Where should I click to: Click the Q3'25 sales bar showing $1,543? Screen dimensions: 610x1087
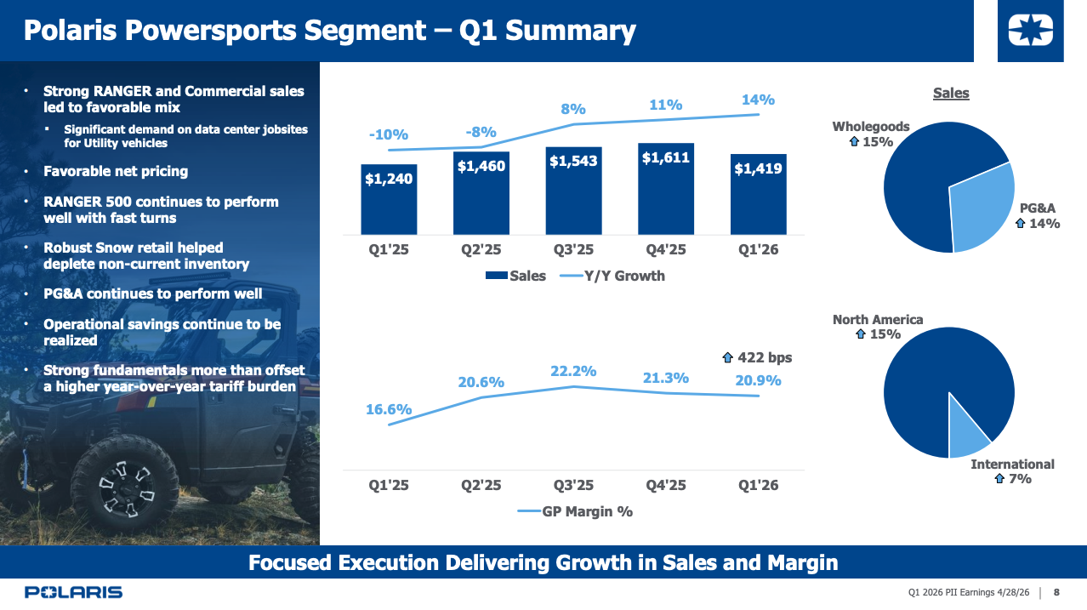click(x=573, y=191)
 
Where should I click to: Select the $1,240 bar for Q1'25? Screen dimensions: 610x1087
click(x=389, y=199)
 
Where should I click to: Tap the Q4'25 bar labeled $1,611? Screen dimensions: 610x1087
click(x=665, y=189)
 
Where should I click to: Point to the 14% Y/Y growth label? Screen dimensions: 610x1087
click(x=758, y=100)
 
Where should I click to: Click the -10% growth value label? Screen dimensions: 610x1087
click(x=389, y=134)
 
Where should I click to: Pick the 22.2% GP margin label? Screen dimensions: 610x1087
click(x=573, y=371)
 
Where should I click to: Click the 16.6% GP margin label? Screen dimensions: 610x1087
click(x=389, y=409)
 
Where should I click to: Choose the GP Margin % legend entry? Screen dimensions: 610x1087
click(x=578, y=511)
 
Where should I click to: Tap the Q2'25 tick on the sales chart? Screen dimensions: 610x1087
click(x=481, y=251)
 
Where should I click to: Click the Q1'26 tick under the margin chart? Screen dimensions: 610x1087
click(x=757, y=486)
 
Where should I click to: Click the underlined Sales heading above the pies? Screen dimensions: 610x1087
click(x=950, y=93)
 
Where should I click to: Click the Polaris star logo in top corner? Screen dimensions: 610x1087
click(x=1030, y=32)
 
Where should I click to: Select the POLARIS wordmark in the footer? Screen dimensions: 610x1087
click(x=74, y=592)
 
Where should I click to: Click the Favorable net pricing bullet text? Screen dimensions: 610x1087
click(x=116, y=171)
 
